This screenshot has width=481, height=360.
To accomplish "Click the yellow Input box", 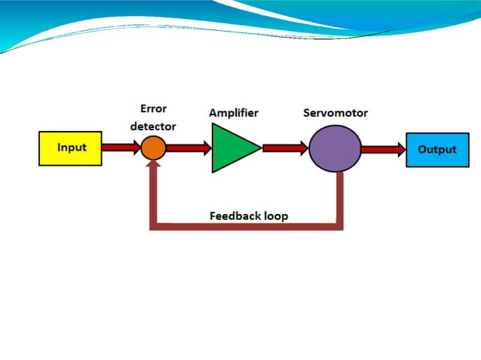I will pos(69,148).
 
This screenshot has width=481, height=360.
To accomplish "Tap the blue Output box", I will pos(437,149).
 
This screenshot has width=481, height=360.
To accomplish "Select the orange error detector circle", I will pos(153,148).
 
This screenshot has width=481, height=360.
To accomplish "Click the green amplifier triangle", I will pos(232,148).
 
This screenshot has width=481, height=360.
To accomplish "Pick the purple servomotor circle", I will pos(335,148).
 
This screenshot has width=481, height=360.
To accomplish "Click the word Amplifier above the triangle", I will pos(234,113).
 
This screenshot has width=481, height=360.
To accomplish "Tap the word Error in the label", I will pos(154,108).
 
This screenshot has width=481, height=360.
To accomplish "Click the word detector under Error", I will pos(153,126).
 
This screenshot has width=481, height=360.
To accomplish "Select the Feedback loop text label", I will pos(248,215).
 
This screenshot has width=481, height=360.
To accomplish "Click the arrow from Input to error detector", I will pos(121,148).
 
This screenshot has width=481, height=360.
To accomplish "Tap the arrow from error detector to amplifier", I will pos(188,148).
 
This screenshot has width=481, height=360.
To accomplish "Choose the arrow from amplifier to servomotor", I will pos(284,148).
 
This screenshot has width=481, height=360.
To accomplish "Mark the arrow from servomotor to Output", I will pos(383,149).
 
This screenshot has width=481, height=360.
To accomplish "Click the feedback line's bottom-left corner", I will pos(155,226).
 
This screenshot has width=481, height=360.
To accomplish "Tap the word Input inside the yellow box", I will pos(72,148).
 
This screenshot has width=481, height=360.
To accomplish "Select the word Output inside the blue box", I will pos(437,149).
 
